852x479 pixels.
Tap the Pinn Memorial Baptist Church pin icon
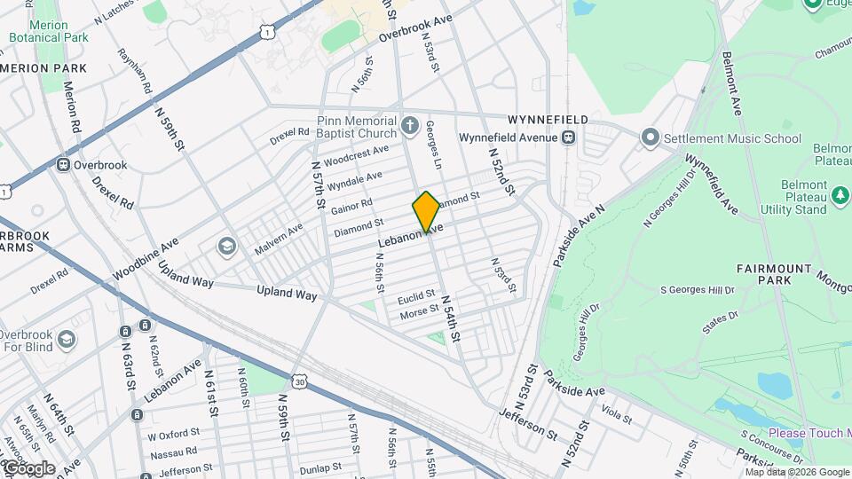click(409, 125)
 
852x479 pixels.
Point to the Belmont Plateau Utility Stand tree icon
click(840, 193)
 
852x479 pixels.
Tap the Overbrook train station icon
click(64, 165)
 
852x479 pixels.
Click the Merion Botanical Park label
click(49, 32)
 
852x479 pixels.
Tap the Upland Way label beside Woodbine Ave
click(186, 275)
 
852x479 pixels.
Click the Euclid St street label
click(417, 294)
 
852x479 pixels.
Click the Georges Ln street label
click(434, 145)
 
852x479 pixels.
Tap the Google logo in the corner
click(28, 467)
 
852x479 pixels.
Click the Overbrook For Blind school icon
click(66, 340)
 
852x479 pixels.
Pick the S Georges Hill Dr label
click(697, 290)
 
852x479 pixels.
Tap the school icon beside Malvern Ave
click(227, 245)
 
